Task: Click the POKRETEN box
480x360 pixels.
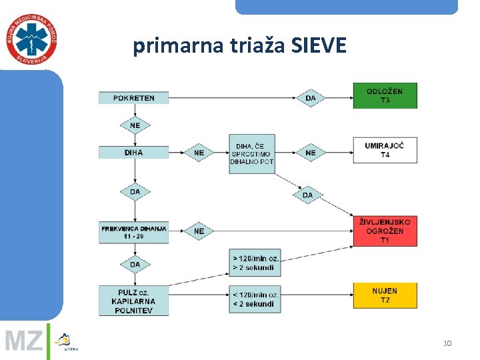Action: click(x=133, y=98)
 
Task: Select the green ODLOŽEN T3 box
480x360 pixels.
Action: click(x=385, y=95)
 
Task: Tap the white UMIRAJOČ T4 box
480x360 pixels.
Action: click(x=385, y=150)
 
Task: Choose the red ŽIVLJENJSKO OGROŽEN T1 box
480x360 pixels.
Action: click(x=385, y=231)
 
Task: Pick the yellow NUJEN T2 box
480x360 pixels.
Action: click(x=385, y=295)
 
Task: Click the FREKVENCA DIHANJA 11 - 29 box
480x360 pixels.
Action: click(x=133, y=232)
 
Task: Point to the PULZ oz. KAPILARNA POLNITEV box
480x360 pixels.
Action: click(x=133, y=301)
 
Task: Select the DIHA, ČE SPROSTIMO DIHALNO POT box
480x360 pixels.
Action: click(x=251, y=153)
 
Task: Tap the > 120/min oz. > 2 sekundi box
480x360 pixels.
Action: click(x=255, y=263)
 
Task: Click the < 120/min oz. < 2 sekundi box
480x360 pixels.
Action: click(x=255, y=299)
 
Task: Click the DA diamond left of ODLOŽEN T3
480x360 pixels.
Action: click(x=311, y=98)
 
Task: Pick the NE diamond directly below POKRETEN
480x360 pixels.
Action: click(x=135, y=125)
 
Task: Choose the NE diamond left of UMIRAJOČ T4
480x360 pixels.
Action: click(x=311, y=153)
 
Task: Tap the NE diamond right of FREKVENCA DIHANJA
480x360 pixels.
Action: click(x=199, y=231)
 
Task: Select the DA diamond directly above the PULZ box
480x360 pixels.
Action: click(x=135, y=265)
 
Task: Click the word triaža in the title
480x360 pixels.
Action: click(x=250, y=46)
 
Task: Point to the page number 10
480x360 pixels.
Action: click(x=447, y=343)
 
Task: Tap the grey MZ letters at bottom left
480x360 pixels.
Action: click(x=24, y=341)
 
